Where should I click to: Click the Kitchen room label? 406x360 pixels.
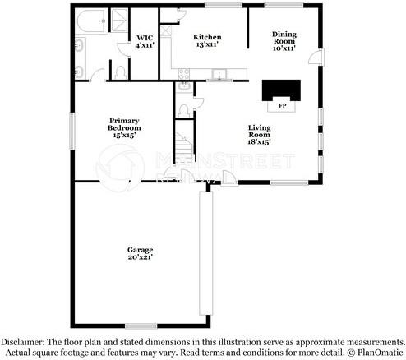(206, 37)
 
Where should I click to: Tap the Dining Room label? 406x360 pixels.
(284, 38)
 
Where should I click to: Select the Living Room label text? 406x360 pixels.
(259, 135)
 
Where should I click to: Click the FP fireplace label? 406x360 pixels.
(281, 106)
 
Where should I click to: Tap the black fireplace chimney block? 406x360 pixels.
(280, 90)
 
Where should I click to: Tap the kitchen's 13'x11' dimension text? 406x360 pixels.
(206, 44)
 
